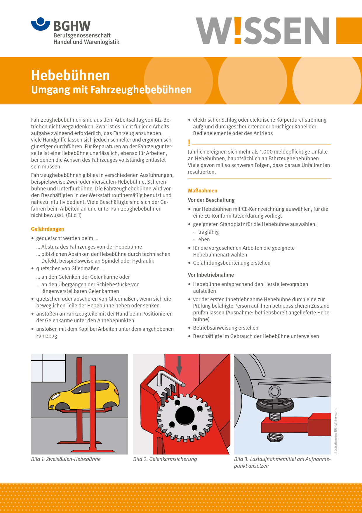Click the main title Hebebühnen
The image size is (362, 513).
pyautogui.click(x=70, y=75)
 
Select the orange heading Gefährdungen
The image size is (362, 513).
pyautogui.click(x=47, y=229)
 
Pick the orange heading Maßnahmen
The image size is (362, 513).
pyautogui.click(x=202, y=191)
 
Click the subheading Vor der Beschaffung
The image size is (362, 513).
pyautogui.click(x=211, y=200)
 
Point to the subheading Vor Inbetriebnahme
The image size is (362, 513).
pyautogui.click(x=211, y=275)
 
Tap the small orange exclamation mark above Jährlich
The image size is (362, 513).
pyautogui.click(x=189, y=143)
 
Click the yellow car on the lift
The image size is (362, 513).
pyautogui.click(x=85, y=395)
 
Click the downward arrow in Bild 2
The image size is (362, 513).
pyautogui.click(x=179, y=366)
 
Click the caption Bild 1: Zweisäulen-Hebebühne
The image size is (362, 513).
pyautogui.click(x=66, y=459)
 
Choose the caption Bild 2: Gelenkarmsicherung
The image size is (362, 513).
pyautogui.click(x=165, y=459)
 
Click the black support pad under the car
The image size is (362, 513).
pyautogui.click(x=274, y=405)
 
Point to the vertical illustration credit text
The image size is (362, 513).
pyautogui.click(x=336, y=431)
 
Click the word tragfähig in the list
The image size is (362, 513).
pyautogui.click(x=208, y=232)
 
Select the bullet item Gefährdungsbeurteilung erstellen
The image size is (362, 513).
pyautogui.click(x=232, y=263)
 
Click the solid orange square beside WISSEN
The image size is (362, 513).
pyautogui.click(x=349, y=30)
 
